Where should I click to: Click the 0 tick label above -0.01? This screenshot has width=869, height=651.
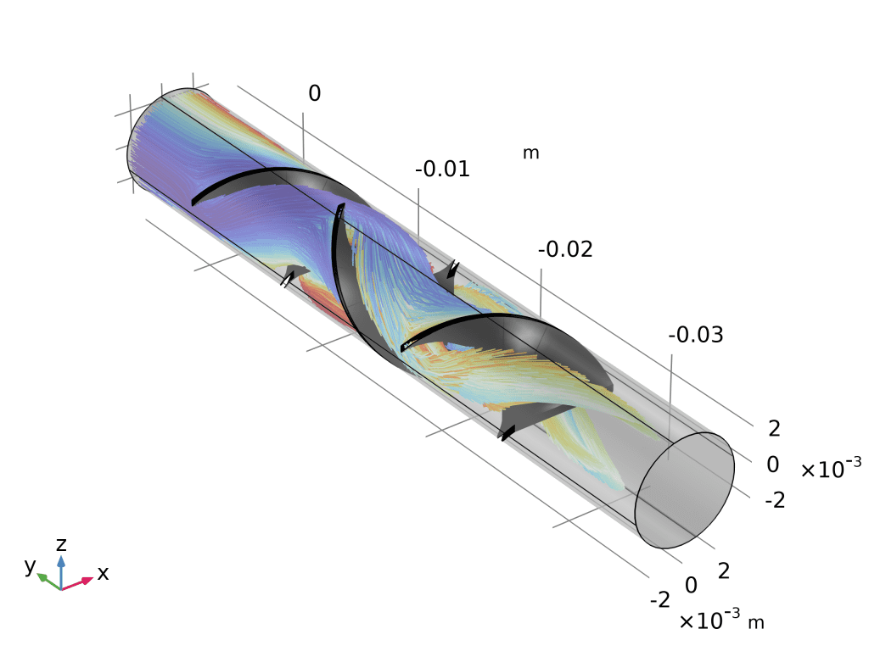[x=314, y=93]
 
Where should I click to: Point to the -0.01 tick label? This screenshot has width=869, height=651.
[x=442, y=169]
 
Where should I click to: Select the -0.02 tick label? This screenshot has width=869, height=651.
[x=565, y=249]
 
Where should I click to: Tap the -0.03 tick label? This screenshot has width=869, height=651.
[x=696, y=335]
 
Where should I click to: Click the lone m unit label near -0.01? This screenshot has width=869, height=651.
[x=531, y=153]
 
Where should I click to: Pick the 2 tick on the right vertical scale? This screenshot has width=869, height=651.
[x=774, y=428]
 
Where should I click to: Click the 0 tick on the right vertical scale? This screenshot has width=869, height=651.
[x=773, y=465]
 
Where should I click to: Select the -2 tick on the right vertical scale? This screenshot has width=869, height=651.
[x=775, y=500]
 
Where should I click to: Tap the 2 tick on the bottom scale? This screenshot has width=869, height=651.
[x=724, y=570]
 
